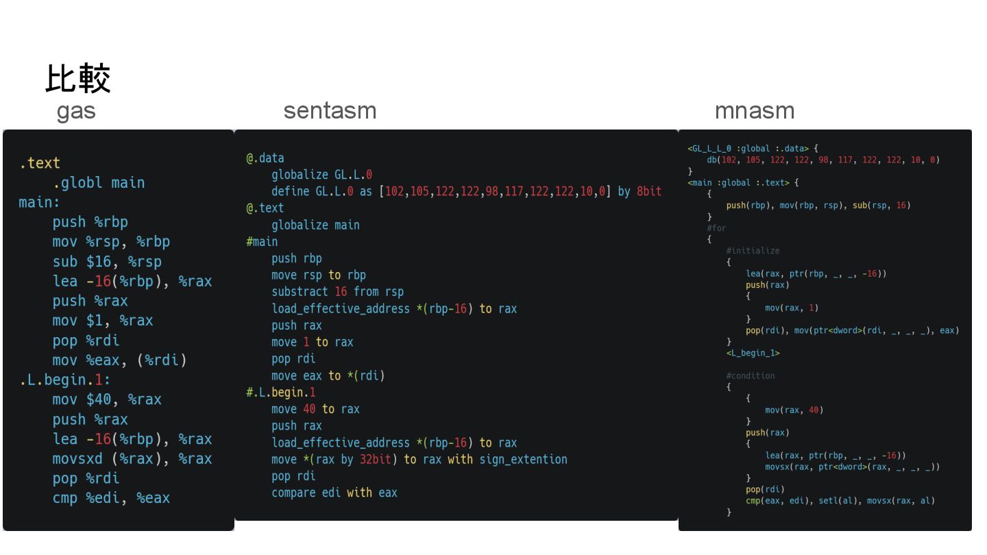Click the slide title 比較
(77, 78)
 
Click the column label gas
(75, 111)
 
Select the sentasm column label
(330, 111)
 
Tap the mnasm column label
(754, 111)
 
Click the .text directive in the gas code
(40, 163)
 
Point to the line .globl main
(99, 183)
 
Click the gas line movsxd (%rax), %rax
(132, 459)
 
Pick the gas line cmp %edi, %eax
(111, 498)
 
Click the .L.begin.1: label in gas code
(64, 380)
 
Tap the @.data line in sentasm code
(265, 158)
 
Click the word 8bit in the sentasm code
(648, 191)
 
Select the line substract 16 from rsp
(337, 292)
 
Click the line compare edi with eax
(334, 493)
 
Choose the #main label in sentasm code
(262, 242)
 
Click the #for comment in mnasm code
(716, 228)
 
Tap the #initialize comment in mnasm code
(753, 251)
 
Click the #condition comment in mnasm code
(750, 375)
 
